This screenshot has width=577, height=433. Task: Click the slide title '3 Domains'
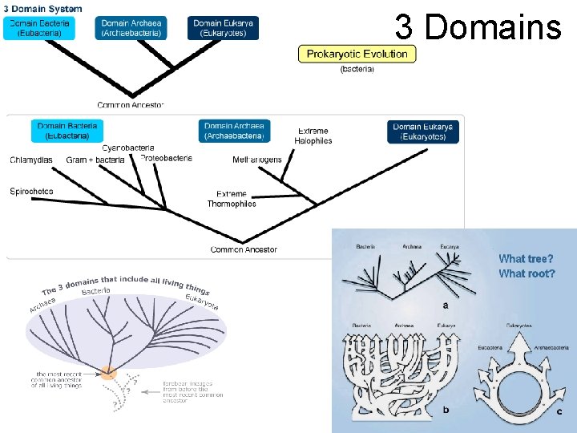point(478,27)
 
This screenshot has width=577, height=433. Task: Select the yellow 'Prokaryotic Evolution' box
point(357,54)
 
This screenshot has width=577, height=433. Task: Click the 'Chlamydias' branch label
point(31,160)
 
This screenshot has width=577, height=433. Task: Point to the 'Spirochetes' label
point(32,191)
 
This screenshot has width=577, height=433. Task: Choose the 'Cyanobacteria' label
point(128,148)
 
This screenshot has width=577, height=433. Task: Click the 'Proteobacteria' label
point(166,158)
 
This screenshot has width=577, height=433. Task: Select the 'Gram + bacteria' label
point(95,160)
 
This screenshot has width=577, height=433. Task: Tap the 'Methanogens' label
point(257,160)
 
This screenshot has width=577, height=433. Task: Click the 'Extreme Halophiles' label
point(313,136)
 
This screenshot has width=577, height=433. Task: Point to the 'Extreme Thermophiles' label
point(232,199)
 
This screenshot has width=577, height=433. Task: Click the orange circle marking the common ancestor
point(107,372)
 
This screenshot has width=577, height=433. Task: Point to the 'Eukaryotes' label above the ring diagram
point(518,326)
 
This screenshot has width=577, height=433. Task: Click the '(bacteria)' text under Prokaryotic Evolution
point(357,69)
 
